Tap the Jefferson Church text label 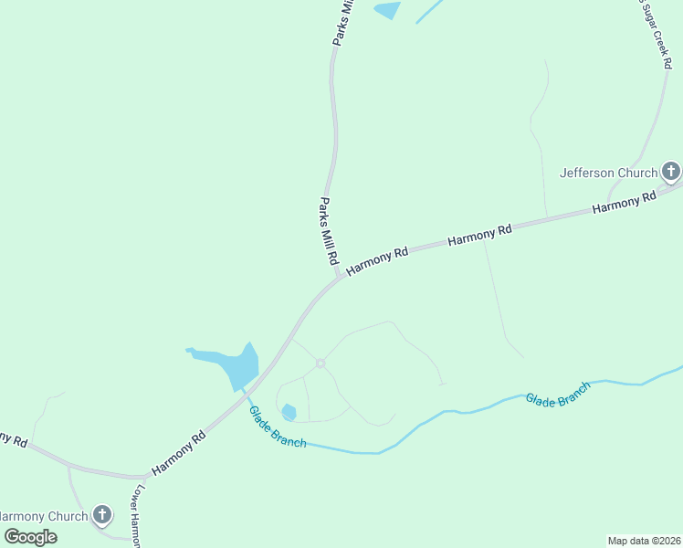(608, 173)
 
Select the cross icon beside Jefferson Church (671, 171)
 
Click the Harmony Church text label (44, 516)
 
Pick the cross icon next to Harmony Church (101, 516)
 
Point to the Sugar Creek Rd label (655, 35)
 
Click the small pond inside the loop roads (289, 412)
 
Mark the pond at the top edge (388, 10)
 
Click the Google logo (30, 537)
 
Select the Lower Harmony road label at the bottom (134, 515)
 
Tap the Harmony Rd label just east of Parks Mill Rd (376, 259)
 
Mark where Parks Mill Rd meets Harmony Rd (337, 275)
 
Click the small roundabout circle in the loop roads (320, 364)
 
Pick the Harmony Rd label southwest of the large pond (179, 453)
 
